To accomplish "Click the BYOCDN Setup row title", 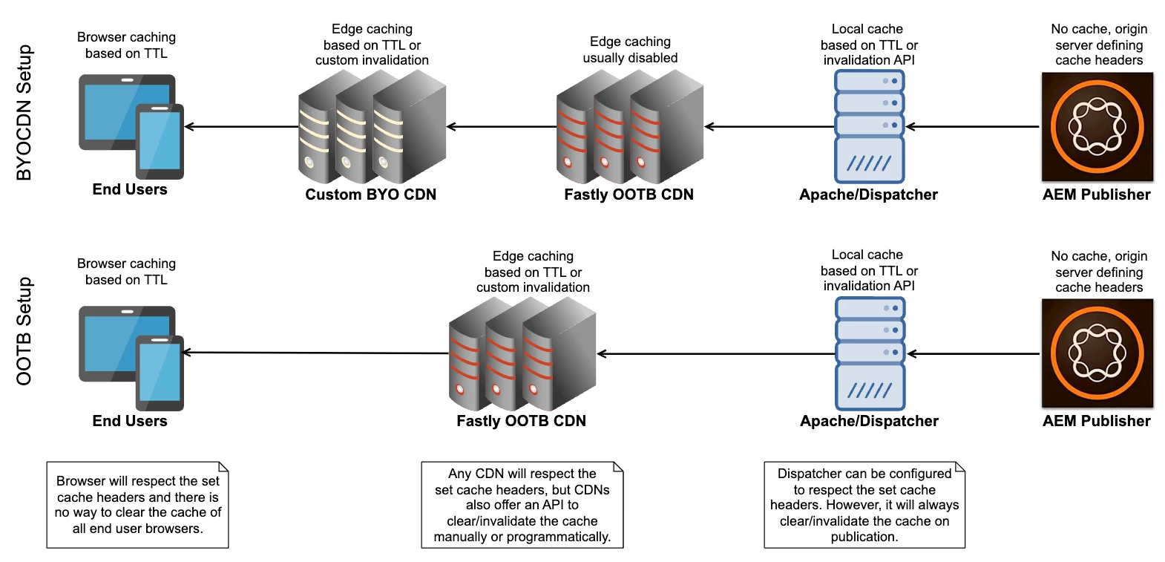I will tap(24, 112).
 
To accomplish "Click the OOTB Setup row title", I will tap(24, 331).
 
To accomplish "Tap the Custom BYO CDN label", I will tap(370, 195).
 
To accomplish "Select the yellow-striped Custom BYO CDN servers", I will tap(371, 127).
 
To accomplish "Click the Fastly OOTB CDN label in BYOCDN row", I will tap(629, 195).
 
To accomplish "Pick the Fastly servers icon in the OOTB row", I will tap(522, 354).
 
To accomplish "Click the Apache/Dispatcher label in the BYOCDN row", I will tap(868, 195).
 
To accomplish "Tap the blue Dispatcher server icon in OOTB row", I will tap(870, 353).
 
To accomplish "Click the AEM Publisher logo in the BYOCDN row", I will tap(1097, 127).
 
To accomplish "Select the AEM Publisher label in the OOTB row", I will tap(1096, 421).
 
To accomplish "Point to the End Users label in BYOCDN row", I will tap(130, 189).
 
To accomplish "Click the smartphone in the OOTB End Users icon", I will tap(160, 373).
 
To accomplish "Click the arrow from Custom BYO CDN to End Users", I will tap(241, 127).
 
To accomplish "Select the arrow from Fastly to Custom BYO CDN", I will tap(502, 127).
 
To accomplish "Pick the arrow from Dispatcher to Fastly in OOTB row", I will tap(716, 354).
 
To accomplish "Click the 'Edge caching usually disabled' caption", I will tap(630, 50).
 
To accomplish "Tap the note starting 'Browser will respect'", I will tap(137, 505).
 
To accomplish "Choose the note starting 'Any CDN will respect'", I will tap(522, 505).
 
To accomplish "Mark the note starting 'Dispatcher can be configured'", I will tap(864, 505).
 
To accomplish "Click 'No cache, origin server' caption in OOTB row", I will tap(1099, 272).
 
